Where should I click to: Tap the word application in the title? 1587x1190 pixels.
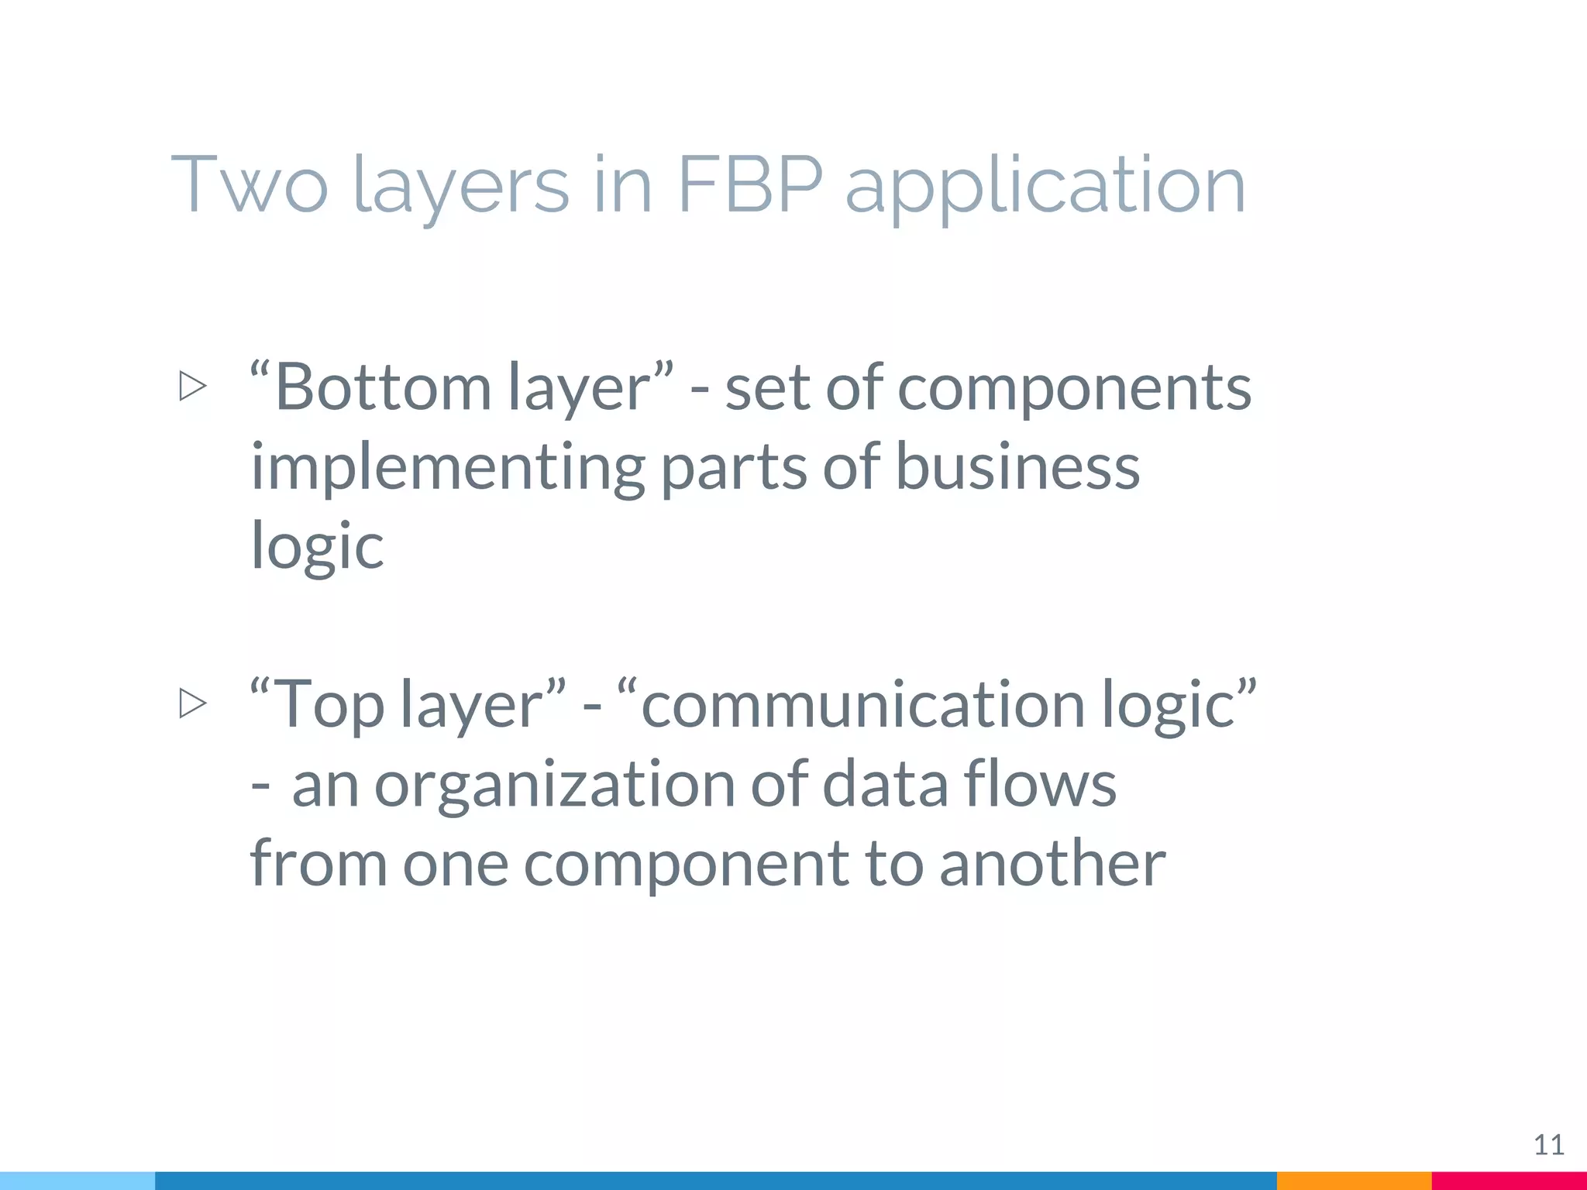coord(1045,186)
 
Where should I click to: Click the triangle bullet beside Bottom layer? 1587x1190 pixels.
coord(192,386)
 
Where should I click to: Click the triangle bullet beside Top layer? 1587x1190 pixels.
coord(192,703)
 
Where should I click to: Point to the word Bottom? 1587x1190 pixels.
coord(383,387)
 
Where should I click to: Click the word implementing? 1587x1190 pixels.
coord(448,468)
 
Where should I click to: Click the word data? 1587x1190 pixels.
coord(885,784)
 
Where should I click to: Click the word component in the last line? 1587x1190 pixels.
coord(686,865)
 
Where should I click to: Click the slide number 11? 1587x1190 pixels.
coord(1549,1144)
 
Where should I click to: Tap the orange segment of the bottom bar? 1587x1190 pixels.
coord(1354,1181)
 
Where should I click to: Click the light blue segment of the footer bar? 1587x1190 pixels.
coord(77,1181)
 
